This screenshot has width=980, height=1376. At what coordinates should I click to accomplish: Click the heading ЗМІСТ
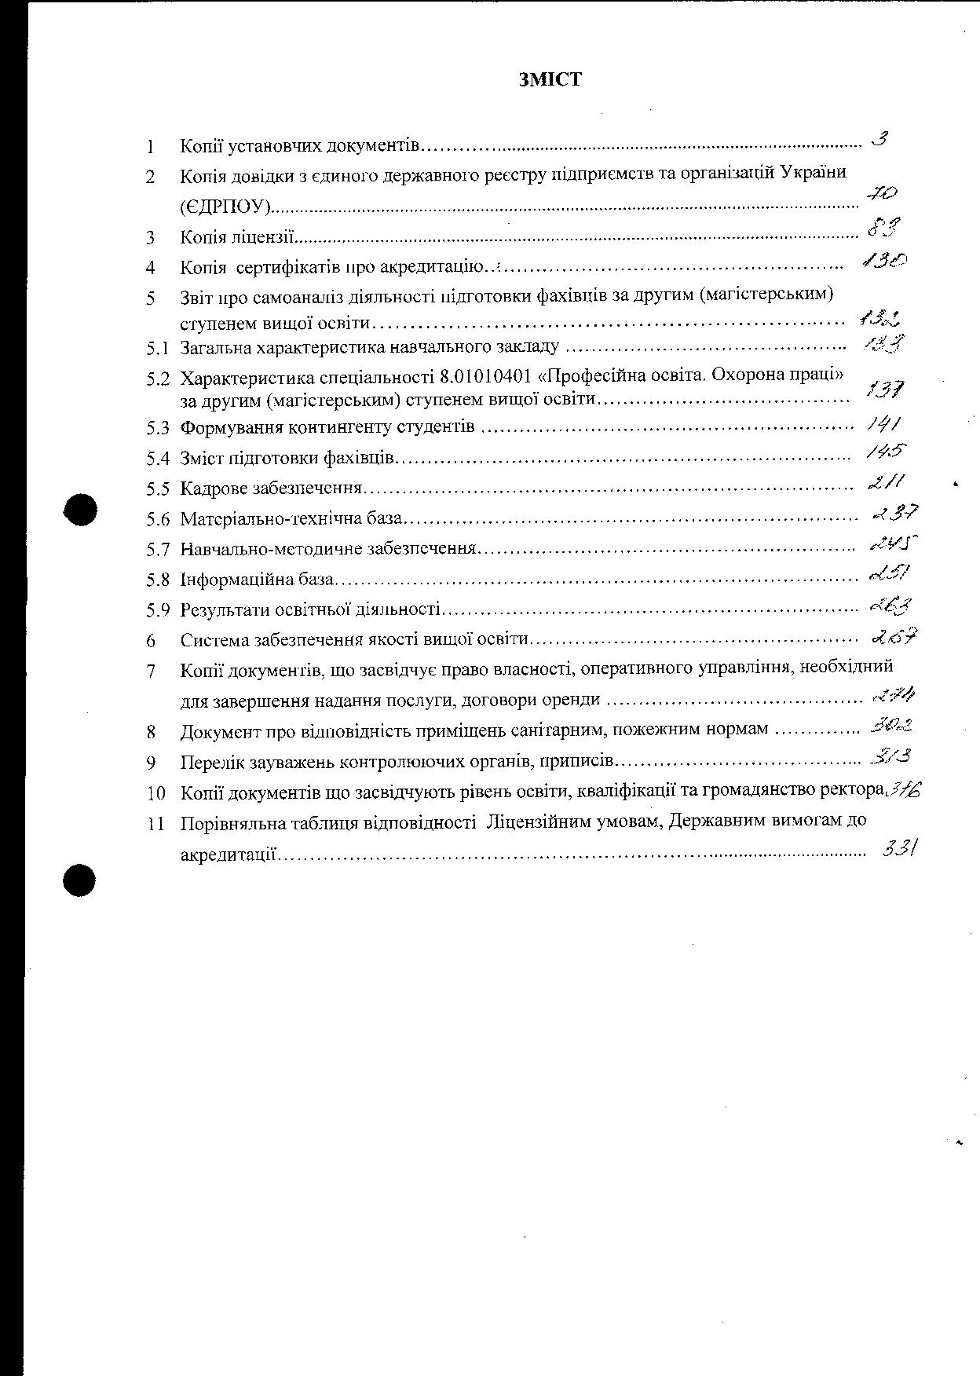(x=550, y=79)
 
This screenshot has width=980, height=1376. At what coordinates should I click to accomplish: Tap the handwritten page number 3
(x=880, y=141)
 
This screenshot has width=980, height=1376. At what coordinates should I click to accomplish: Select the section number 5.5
(x=157, y=489)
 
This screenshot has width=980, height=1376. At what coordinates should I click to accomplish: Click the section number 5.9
(x=157, y=610)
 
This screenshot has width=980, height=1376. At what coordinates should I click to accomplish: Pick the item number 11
(x=155, y=824)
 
